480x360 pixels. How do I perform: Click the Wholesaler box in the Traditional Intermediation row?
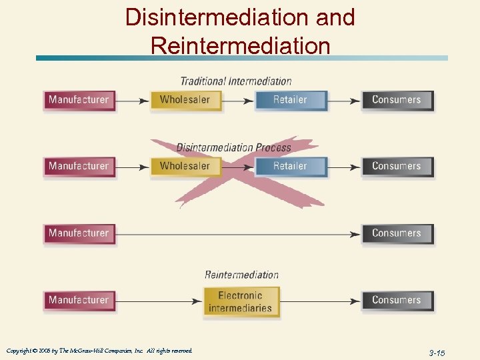click(x=185, y=100)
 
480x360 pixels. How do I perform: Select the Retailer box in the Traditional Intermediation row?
click(x=291, y=100)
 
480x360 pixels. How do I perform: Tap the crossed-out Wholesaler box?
click(x=185, y=166)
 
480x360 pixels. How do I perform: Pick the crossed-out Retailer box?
click(x=291, y=166)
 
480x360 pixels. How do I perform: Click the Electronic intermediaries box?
click(x=241, y=302)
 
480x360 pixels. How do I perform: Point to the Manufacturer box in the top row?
click(x=79, y=100)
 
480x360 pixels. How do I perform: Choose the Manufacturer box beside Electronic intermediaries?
click(x=79, y=300)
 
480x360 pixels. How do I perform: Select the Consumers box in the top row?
click(x=397, y=100)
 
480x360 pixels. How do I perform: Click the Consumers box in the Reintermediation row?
click(x=397, y=300)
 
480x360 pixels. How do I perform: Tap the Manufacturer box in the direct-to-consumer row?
click(x=79, y=233)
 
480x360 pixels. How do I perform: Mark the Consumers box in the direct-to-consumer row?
click(x=397, y=233)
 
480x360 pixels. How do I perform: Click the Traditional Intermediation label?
click(x=236, y=81)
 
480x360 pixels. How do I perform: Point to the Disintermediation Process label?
click(x=234, y=147)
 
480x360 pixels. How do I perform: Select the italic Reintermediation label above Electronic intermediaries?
click(x=241, y=275)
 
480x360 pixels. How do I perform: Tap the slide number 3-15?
click(x=437, y=352)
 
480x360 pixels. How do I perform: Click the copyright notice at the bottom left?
click(x=99, y=351)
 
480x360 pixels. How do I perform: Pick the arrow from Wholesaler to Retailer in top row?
click(x=237, y=101)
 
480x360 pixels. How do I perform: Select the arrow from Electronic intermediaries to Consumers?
click(x=320, y=301)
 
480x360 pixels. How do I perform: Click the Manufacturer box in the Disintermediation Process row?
click(x=79, y=166)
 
